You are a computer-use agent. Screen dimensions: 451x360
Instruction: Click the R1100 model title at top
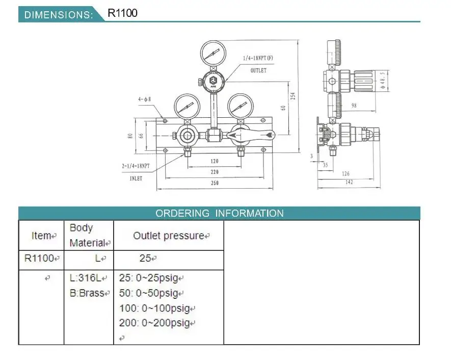coord(122,13)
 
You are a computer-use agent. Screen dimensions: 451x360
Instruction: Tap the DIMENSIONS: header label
coord(59,15)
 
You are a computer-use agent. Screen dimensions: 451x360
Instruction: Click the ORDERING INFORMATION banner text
coord(220,213)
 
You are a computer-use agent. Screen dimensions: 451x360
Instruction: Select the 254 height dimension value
coord(293,96)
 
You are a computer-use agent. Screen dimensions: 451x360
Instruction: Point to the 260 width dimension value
coord(215,183)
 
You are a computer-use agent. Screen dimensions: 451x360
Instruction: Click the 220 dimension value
coord(215,172)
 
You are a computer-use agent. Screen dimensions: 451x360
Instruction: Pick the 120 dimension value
coord(215,161)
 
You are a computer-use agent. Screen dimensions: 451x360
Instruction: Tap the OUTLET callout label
coord(258,70)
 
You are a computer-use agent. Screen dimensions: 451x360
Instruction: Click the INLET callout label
coord(136,178)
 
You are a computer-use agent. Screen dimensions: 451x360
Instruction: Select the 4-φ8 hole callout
coord(144,99)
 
